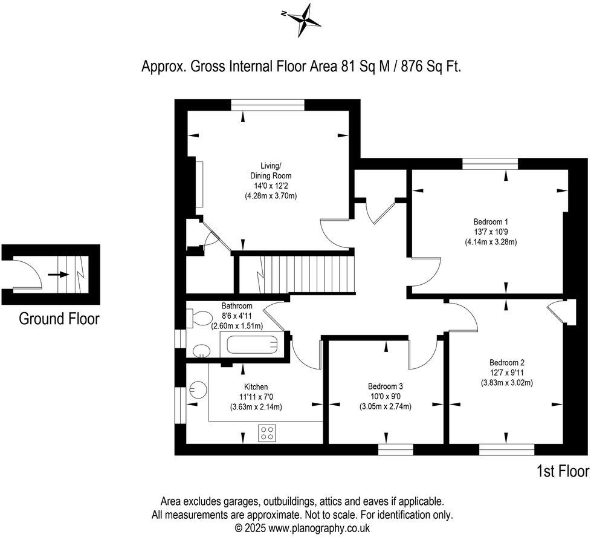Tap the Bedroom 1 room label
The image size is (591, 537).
click(490, 221)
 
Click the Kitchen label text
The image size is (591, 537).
click(256, 386)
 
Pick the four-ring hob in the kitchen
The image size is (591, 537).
click(267, 432)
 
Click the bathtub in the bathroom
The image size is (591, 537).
click(253, 347)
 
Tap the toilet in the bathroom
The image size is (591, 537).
click(198, 317)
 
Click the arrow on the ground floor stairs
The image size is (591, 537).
click(59, 274)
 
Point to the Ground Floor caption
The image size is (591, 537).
click(59, 319)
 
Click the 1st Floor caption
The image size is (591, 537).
click(562, 470)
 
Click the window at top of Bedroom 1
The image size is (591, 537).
click(490, 163)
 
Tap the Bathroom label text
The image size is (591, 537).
click(236, 306)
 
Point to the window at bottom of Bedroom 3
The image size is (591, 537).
click(395, 449)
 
